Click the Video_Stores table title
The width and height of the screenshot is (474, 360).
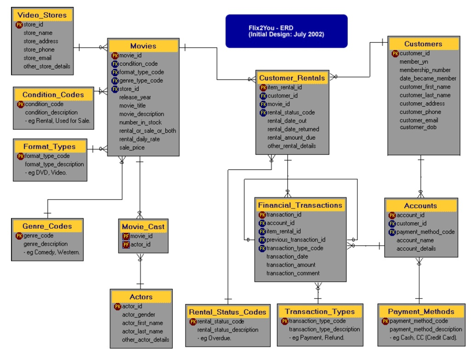42,15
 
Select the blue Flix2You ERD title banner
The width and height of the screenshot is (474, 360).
286,31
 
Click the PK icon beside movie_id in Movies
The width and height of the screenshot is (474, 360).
115,56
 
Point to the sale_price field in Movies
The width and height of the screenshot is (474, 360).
132,148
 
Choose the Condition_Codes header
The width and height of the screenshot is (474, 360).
53,95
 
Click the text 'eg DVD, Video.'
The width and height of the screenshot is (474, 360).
47,173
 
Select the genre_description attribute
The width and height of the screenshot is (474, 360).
45,244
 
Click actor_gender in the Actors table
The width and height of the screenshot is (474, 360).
138,315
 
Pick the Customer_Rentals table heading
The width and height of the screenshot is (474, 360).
292,78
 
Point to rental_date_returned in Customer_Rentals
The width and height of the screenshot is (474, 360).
293,129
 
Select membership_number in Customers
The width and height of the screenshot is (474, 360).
425,70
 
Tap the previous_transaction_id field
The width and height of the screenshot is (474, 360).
296,240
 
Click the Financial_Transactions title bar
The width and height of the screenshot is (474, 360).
300,205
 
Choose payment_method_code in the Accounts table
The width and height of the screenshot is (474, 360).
425,232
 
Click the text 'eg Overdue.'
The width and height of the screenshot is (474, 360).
216,338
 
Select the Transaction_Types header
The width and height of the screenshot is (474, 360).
319,311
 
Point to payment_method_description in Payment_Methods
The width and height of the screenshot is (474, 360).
425,329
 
